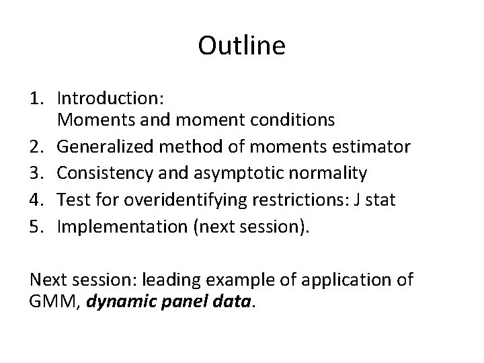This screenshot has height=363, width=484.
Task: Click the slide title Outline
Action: coord(242,46)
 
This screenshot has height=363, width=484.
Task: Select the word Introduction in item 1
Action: coord(106,99)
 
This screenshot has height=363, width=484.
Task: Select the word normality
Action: coord(329,173)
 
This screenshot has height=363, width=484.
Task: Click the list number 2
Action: coord(39,147)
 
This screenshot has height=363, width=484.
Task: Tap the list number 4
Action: coord(39,200)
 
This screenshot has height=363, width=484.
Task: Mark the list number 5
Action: coord(39,227)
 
